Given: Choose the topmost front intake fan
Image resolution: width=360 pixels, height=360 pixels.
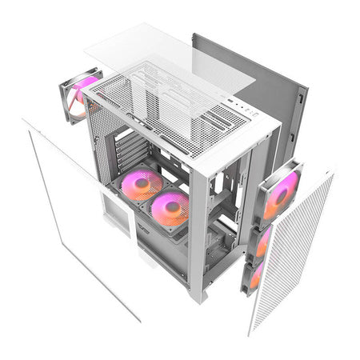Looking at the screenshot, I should click(x=280, y=192).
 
